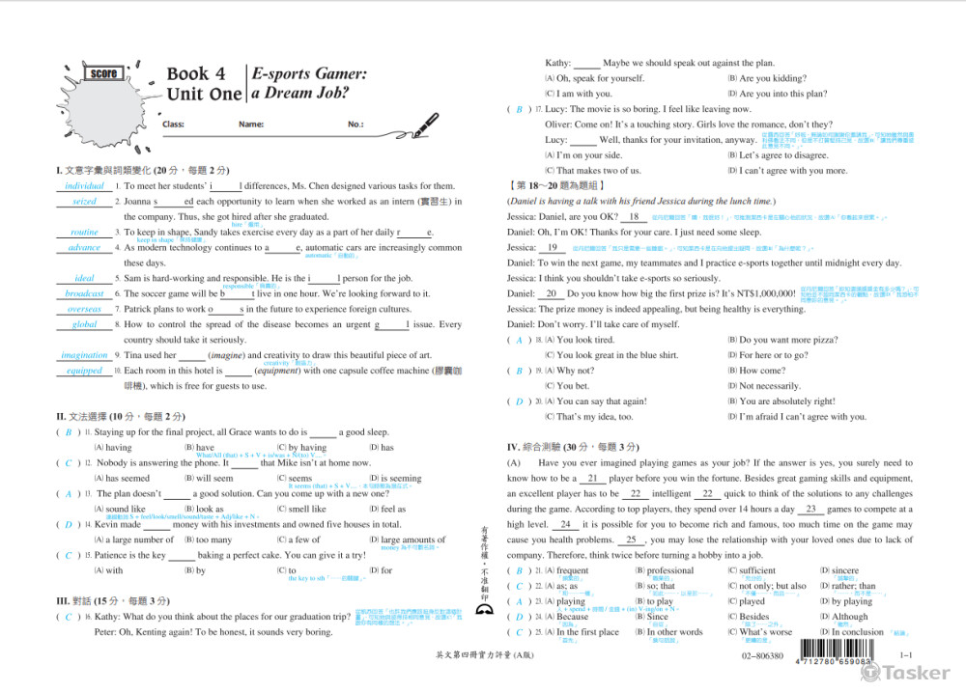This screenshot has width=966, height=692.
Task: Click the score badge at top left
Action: point(103,74)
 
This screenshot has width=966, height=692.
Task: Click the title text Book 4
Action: point(196,74)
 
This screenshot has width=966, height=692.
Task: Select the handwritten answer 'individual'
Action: point(85,185)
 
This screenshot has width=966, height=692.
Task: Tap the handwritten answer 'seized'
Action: point(85,202)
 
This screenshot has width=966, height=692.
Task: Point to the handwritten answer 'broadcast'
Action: point(85,293)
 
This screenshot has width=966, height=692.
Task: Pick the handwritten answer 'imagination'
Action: point(85,355)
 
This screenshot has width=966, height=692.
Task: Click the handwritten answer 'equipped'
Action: point(85,371)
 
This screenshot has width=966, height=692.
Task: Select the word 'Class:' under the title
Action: point(174,125)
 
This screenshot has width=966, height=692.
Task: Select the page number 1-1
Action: point(906,656)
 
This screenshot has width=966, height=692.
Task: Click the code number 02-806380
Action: point(763,656)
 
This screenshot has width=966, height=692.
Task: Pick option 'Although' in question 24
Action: point(849,617)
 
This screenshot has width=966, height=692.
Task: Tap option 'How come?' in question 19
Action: point(762,371)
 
